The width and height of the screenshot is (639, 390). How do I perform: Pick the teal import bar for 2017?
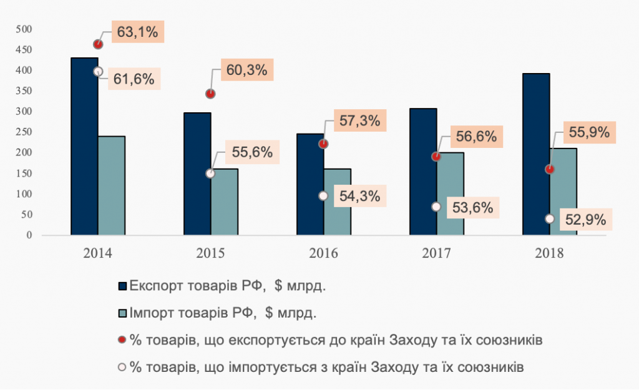tap(451, 194)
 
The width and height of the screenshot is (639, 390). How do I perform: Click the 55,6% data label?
tap(248, 152)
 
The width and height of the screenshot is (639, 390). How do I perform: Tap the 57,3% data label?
tap(360, 120)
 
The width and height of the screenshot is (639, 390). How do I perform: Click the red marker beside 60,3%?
tap(211, 94)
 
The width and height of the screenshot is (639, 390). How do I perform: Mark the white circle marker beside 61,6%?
tap(98, 72)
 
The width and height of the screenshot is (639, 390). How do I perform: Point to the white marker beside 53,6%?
tap(436, 207)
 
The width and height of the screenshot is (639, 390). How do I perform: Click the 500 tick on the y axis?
tap(24, 29)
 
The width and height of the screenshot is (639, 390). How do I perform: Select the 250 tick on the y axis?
tap(24, 132)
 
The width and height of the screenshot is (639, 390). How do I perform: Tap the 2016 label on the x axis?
tap(323, 253)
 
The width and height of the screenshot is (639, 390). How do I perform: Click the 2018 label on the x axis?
tap(549, 253)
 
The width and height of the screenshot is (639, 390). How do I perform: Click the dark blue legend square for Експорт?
tap(122, 286)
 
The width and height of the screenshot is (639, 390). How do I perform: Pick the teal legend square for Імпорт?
tap(122, 314)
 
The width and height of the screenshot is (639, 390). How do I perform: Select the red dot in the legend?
tap(122, 341)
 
